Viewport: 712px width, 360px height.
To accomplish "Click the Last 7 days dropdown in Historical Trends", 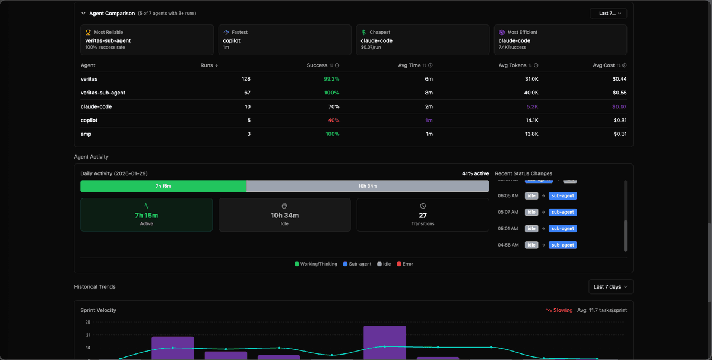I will [x=610, y=286].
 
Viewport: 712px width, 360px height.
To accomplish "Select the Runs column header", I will [x=207, y=65].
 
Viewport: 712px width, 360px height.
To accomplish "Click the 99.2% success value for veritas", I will [x=331, y=79].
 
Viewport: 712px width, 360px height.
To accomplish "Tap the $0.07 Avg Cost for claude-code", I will [x=619, y=107].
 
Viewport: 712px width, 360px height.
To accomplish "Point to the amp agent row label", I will [x=86, y=134].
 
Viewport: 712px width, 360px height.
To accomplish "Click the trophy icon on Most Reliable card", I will [x=88, y=33].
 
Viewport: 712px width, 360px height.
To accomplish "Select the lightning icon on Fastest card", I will [x=226, y=33].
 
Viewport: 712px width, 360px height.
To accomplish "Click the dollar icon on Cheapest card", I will [x=363, y=33].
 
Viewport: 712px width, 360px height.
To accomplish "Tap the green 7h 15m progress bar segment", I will [x=163, y=186].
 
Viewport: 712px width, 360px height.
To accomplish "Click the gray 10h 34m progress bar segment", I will [x=368, y=186].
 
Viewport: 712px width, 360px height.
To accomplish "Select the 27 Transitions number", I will [x=423, y=216].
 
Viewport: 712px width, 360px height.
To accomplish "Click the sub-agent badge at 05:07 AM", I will [x=562, y=212].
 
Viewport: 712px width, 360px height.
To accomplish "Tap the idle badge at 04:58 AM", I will [x=531, y=245].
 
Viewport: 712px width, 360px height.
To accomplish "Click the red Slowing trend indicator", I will [x=559, y=310].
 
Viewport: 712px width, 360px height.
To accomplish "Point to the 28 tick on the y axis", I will [x=87, y=322].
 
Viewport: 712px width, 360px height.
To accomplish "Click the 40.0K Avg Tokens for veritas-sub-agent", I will [x=531, y=93].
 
